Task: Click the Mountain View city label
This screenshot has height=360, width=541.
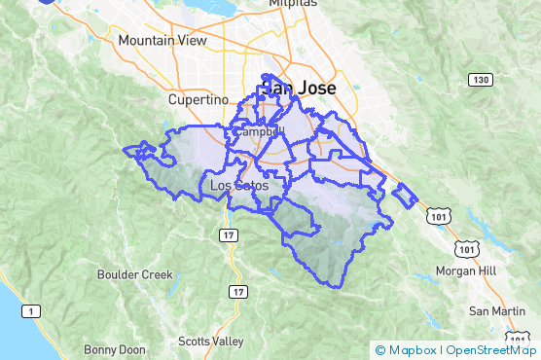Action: (x=161, y=41)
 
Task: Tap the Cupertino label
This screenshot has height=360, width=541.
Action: (x=197, y=99)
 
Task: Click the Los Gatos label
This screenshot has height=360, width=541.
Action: (x=237, y=186)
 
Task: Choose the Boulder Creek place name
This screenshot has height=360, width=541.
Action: (x=134, y=274)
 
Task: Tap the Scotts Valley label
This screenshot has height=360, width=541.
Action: (x=211, y=341)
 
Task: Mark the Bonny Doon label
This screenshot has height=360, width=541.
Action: (x=115, y=349)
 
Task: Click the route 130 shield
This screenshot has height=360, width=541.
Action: (x=479, y=79)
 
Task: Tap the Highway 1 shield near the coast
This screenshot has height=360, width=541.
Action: (x=31, y=310)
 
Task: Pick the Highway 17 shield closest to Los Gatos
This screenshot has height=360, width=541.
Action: (x=228, y=235)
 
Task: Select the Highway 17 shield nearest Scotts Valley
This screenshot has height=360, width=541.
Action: (x=238, y=291)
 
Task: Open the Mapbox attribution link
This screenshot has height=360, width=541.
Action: (x=415, y=349)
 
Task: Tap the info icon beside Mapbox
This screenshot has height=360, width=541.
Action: (x=379, y=349)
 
